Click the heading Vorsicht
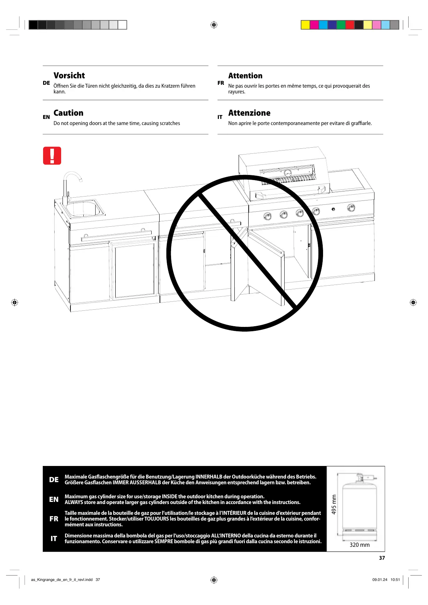click(x=69, y=76)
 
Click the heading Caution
click(x=68, y=113)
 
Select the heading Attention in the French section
click(x=245, y=76)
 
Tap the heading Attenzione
click(x=249, y=113)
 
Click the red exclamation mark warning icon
click(x=52, y=156)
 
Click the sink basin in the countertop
click(x=83, y=209)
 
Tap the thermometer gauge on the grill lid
click(x=287, y=173)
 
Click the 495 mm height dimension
click(x=334, y=504)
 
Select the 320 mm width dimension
click(x=359, y=545)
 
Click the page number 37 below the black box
click(x=382, y=558)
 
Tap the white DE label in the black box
click(x=54, y=480)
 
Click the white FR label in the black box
click(x=54, y=519)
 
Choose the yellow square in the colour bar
click(x=305, y=25)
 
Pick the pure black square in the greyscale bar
click(x=33, y=25)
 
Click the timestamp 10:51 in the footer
click(x=395, y=579)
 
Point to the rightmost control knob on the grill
click(x=351, y=207)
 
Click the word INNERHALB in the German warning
click(x=209, y=477)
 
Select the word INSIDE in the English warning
click(x=170, y=497)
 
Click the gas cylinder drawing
click(x=359, y=507)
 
